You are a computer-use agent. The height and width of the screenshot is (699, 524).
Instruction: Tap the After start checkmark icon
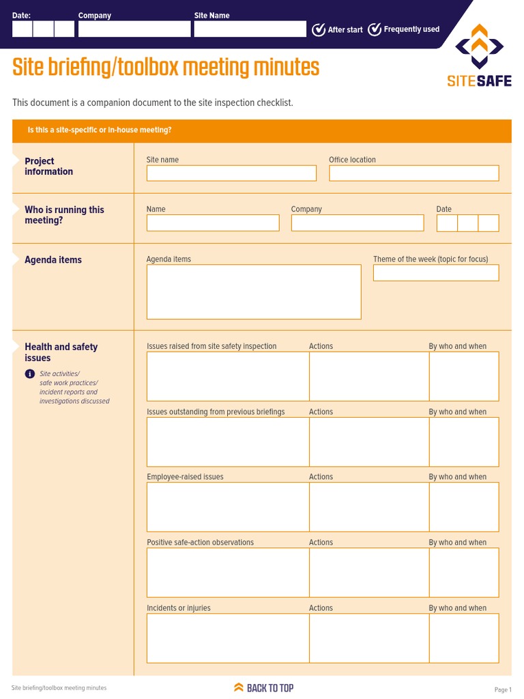(319, 29)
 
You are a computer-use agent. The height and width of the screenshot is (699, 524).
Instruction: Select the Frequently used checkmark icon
(375, 29)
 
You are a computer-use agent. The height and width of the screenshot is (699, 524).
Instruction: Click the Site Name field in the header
(250, 29)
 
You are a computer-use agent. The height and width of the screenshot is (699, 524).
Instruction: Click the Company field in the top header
(134, 29)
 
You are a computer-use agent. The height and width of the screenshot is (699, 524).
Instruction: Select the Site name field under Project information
(231, 173)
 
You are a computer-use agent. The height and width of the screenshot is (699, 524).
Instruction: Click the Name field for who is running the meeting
(213, 223)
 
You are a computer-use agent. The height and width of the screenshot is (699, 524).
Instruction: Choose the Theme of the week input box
(436, 273)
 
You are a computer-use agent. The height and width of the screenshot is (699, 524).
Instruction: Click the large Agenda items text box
(254, 291)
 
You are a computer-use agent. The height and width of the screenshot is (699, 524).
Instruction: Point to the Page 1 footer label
(503, 690)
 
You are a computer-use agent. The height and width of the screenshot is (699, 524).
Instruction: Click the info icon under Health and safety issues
(30, 373)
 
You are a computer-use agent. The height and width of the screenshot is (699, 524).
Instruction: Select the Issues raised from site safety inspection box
(228, 376)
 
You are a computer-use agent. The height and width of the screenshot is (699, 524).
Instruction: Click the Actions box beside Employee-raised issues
(369, 507)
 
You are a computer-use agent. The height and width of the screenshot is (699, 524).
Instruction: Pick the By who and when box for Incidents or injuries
(464, 638)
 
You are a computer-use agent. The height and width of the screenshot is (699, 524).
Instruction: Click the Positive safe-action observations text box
(228, 573)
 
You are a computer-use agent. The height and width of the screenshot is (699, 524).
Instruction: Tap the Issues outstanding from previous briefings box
(228, 442)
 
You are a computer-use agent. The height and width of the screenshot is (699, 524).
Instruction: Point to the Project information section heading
(48, 167)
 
